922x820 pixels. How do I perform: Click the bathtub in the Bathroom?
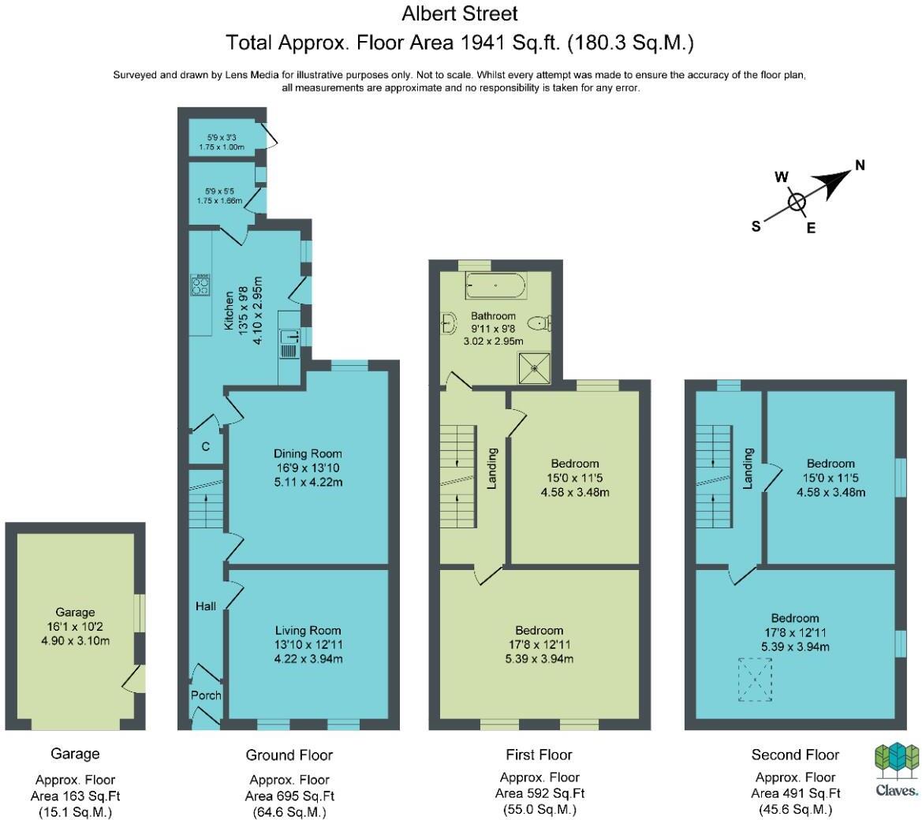(x=495, y=285)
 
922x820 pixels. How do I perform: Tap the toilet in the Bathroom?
(x=539, y=323)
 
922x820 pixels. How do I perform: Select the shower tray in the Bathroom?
(x=535, y=368)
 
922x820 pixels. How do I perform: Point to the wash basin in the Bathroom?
(x=449, y=322)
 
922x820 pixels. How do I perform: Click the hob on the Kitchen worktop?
(x=201, y=285)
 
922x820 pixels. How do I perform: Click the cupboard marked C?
(x=206, y=447)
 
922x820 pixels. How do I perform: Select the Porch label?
(x=206, y=695)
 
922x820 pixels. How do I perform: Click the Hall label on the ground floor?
(x=206, y=606)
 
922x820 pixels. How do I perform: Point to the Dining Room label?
(x=308, y=453)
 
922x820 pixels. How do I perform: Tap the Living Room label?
(x=308, y=631)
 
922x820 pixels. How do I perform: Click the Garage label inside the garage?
(x=75, y=612)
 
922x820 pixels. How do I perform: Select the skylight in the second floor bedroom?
(x=755, y=680)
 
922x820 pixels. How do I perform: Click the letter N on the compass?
(x=860, y=165)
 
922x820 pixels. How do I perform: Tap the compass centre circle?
(x=797, y=202)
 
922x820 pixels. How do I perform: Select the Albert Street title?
(x=460, y=13)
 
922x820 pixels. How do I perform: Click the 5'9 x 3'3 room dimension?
(x=221, y=137)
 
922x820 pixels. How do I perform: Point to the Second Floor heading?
(x=795, y=755)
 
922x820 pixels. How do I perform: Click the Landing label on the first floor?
(x=492, y=468)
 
